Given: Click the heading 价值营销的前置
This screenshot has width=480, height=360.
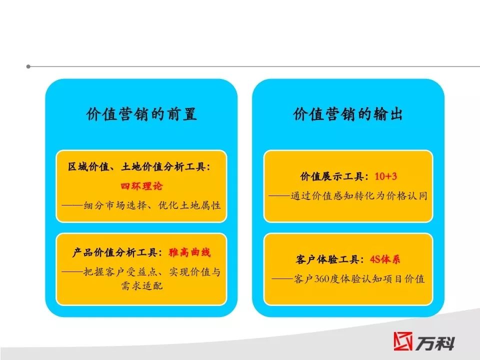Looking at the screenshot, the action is click(141, 114).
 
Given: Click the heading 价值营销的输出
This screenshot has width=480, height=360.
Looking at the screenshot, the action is click(348, 114).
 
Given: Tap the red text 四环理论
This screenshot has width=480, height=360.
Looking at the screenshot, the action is click(141, 186).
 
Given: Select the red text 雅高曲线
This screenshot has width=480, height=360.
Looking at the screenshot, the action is click(189, 252).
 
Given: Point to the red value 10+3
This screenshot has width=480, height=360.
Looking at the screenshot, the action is click(385, 176).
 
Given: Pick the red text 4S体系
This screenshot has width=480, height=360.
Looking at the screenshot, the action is click(385, 259).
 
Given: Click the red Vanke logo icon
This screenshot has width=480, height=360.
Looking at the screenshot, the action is click(403, 341).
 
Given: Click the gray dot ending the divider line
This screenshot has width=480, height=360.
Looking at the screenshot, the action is click(28, 66).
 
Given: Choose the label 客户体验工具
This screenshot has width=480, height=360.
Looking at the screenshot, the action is click(327, 259).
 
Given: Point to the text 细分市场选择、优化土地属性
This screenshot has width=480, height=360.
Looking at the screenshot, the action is click(152, 205).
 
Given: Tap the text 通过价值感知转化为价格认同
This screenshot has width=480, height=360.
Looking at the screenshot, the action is click(359, 196).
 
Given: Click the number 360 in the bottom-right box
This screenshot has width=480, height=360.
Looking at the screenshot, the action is click(321, 279).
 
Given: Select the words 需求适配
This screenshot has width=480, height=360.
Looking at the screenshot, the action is click(141, 286).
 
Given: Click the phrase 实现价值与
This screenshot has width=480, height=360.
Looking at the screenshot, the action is click(194, 272).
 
